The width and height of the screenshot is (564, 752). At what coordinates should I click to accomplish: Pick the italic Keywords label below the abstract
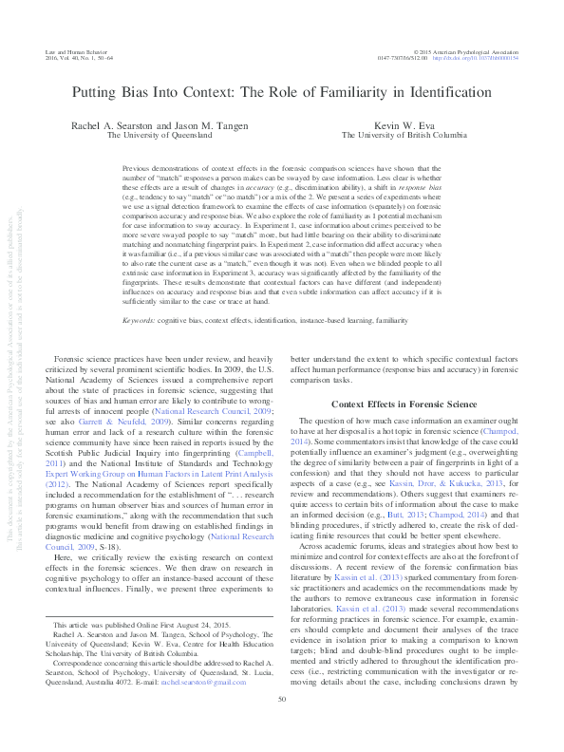140,294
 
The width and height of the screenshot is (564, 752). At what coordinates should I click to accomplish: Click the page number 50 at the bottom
281,726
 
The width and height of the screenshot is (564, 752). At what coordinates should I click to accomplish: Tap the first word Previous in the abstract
138,165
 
